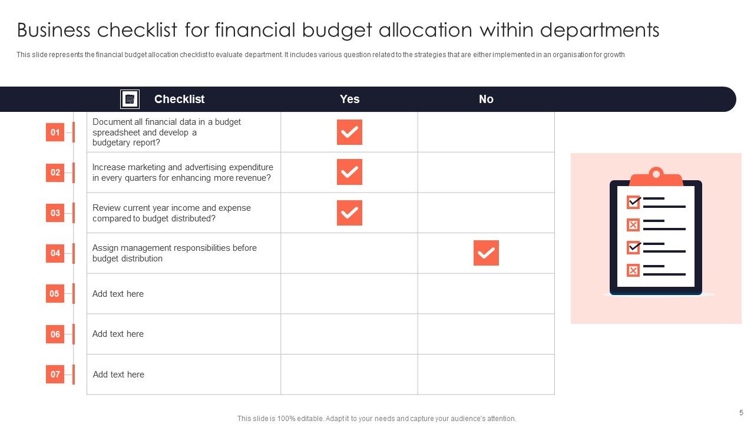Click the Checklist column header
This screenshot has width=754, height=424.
point(179,100)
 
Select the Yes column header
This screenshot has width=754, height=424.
point(349,100)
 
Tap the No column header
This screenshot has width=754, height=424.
point(486,100)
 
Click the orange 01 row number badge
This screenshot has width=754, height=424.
point(55,132)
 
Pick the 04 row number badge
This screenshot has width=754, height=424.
point(55,253)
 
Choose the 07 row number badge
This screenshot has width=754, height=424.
point(55,374)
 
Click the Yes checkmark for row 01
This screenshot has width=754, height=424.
point(349,132)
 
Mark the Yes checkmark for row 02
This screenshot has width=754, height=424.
point(349,172)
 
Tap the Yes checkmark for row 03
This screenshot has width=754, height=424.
point(349,213)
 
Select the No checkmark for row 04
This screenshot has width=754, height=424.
point(486,253)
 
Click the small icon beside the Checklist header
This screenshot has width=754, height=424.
point(130,100)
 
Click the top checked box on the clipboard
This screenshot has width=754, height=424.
point(633,202)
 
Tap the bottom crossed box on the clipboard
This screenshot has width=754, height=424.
point(633,270)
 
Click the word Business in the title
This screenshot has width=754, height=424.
point(54,30)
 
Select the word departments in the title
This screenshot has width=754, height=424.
point(599,30)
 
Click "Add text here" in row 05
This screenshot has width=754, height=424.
point(118,294)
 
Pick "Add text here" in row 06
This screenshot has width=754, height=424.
point(118,334)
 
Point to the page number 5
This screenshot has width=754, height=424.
point(741,413)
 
